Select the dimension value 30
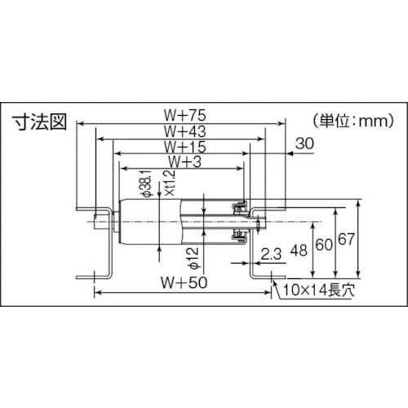[x=304, y=143]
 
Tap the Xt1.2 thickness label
[x=169, y=187]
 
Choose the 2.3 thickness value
[x=272, y=255]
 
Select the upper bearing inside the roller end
[x=239, y=206]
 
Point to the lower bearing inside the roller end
[x=239, y=236]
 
